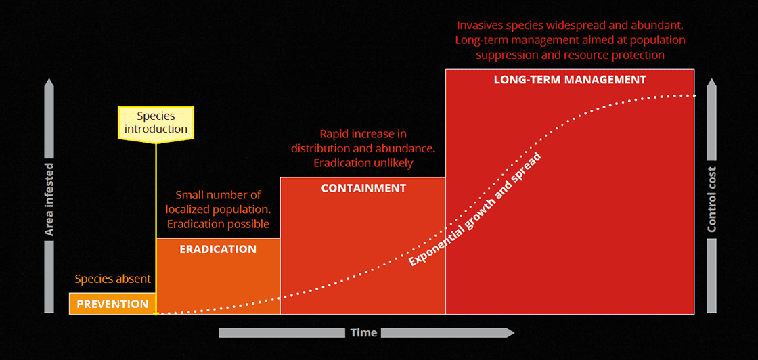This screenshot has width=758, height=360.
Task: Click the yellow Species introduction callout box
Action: [x=156, y=122]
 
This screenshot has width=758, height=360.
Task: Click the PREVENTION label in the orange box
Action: [x=112, y=305]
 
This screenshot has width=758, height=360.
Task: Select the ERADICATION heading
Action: [x=218, y=249]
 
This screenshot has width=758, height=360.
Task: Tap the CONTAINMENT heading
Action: [x=363, y=188]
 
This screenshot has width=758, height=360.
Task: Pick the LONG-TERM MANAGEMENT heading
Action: [x=570, y=80]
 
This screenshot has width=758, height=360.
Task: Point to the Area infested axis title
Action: [x=49, y=200]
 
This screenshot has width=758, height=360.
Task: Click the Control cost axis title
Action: [x=711, y=200]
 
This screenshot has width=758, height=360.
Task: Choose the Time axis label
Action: [x=363, y=332]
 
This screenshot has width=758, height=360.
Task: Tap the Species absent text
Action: [x=112, y=279]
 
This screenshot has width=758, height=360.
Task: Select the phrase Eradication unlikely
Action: [x=363, y=163]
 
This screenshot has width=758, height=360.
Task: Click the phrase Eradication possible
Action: [x=218, y=224]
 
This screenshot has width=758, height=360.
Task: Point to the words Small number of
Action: [x=218, y=195]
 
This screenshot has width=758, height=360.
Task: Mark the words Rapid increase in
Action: [x=363, y=134]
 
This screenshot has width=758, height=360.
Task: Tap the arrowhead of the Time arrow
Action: [x=510, y=332]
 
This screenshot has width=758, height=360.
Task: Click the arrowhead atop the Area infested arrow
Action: [x=49, y=84]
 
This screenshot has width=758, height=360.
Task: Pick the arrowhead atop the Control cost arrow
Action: [x=711, y=84]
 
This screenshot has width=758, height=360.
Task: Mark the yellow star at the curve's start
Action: [x=156, y=314]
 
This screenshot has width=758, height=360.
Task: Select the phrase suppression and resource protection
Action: [x=570, y=55]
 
